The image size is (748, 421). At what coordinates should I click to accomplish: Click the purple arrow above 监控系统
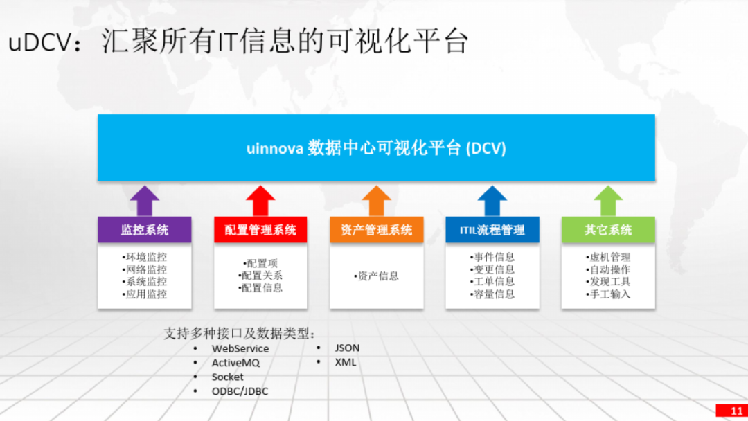point(145,201)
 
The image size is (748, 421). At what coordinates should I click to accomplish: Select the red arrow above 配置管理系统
point(260,201)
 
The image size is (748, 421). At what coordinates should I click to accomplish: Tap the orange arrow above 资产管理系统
point(376,201)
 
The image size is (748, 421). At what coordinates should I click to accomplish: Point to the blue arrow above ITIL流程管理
point(492,201)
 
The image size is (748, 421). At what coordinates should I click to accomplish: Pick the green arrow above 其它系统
point(608,201)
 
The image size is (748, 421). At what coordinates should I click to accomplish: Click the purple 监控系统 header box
point(145,230)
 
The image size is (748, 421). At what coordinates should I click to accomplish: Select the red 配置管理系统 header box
point(260,230)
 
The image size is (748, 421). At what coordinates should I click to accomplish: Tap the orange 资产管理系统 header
point(376,230)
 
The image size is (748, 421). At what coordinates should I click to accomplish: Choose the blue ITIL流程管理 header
point(492,230)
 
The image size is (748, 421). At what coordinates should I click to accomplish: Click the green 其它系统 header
point(608,230)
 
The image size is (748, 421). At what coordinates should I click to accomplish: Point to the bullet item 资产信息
point(376,276)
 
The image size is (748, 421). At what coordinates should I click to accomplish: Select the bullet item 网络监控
point(145,269)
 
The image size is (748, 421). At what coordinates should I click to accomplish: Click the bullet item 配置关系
point(260,276)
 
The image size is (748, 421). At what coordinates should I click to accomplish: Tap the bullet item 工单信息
point(492,282)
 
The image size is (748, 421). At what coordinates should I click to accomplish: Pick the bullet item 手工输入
point(608,294)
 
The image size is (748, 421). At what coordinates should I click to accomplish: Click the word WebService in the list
point(240,348)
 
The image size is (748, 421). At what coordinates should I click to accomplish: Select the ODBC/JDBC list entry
point(240,391)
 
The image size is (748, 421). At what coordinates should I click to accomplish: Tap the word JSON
point(347,348)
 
